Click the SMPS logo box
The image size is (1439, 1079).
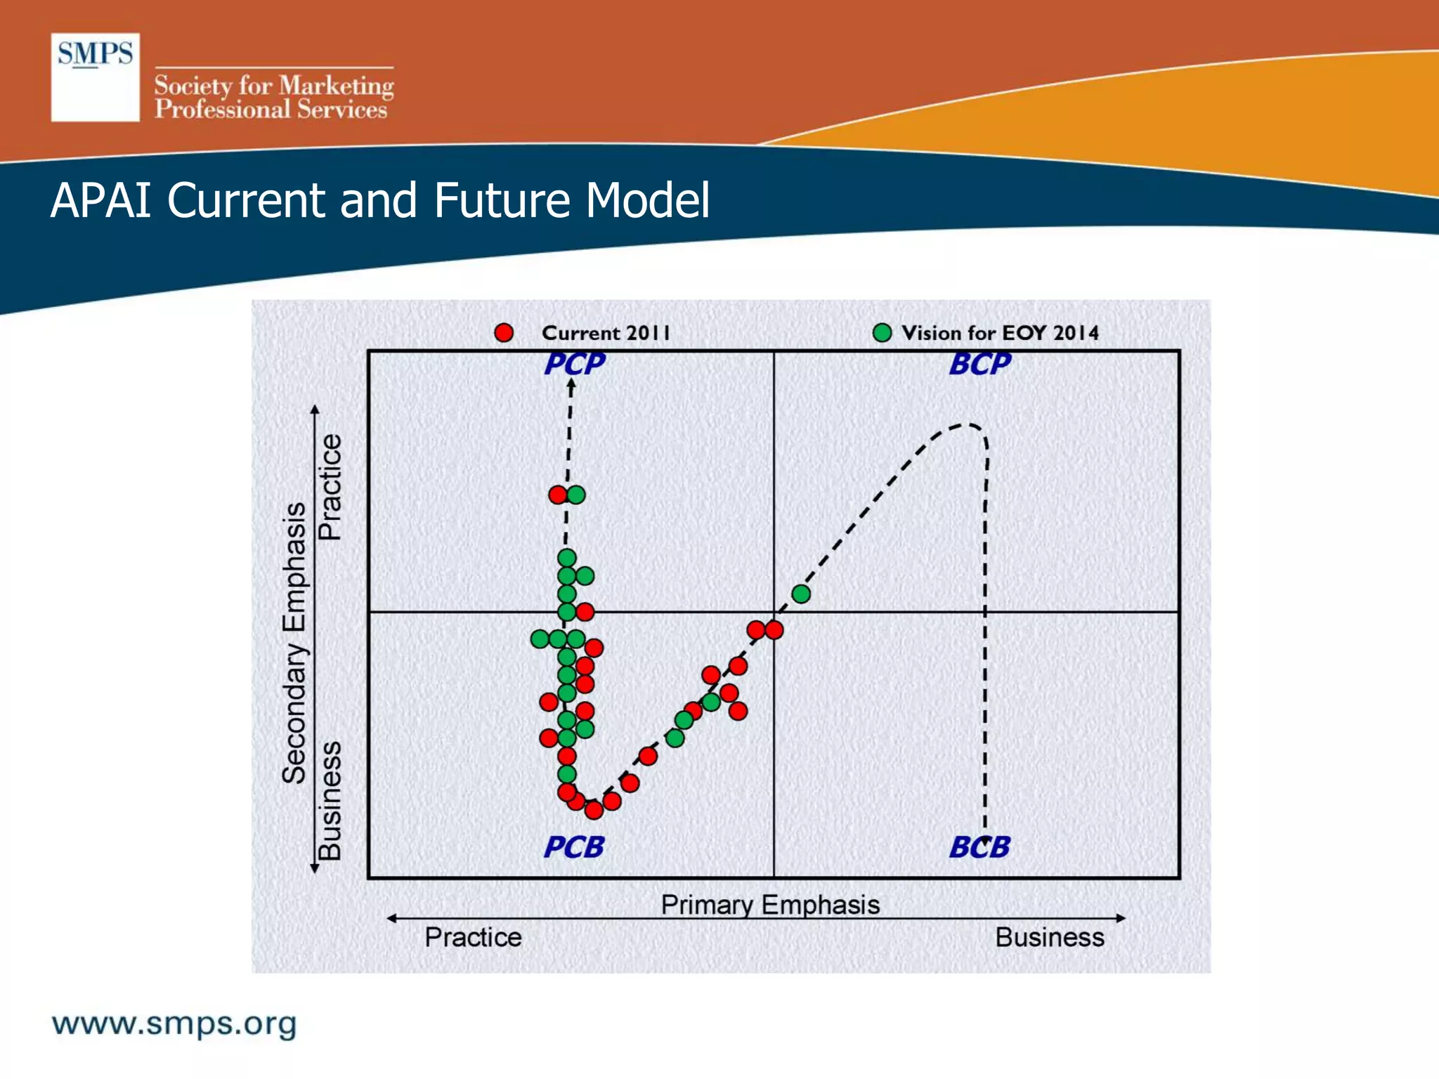coord(95,77)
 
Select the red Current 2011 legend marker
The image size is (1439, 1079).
coord(504,333)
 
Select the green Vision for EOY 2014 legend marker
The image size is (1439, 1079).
coord(882,333)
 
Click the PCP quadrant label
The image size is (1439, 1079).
coord(574,364)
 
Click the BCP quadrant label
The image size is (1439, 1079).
coord(979,364)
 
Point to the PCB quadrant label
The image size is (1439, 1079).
coord(574,847)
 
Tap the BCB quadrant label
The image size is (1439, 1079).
coord(979,847)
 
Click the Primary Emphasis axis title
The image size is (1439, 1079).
coord(770,905)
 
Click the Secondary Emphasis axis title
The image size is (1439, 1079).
coord(294,643)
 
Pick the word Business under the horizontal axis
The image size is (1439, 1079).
coord(1050,938)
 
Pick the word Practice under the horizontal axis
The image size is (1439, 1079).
coord(473,938)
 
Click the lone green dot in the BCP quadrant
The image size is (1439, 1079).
coord(801,594)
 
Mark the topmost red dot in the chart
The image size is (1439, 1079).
coord(558,495)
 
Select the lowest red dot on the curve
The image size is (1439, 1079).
coord(594,811)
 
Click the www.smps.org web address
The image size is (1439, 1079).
coord(174,1024)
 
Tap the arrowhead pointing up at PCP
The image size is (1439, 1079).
coord(571,385)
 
